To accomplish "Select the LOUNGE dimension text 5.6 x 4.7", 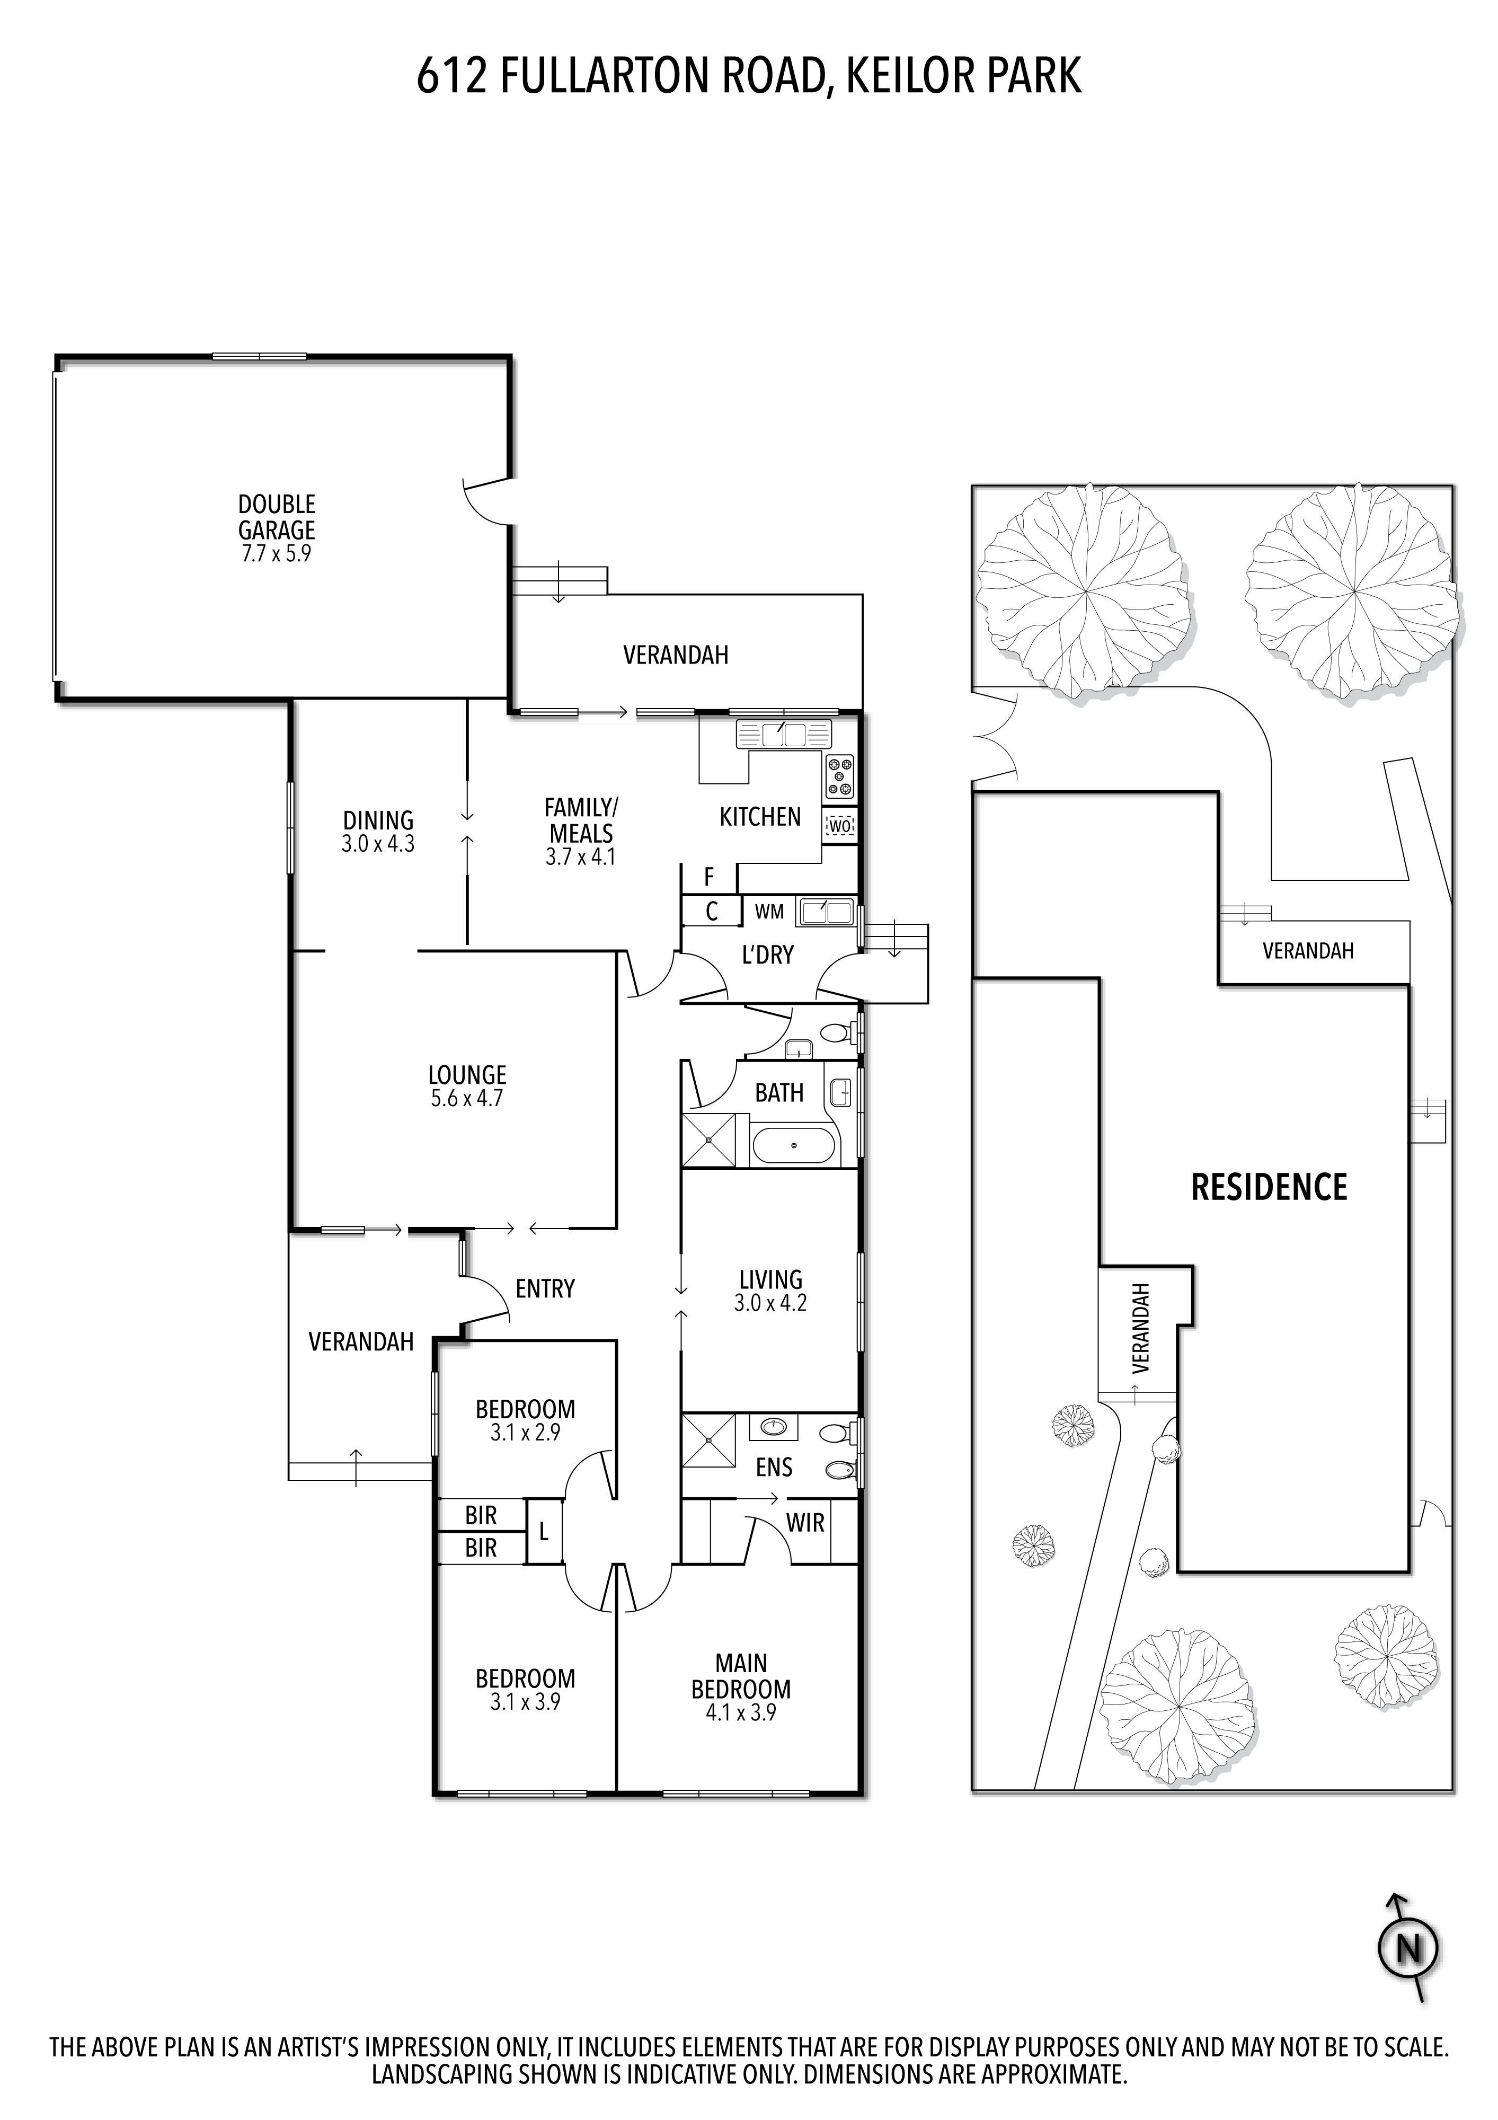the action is (467, 1099).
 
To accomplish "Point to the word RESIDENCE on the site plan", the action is (1269, 1187).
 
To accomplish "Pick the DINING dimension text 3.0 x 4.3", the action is (377, 843).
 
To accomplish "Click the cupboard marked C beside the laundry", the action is (712, 912).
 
